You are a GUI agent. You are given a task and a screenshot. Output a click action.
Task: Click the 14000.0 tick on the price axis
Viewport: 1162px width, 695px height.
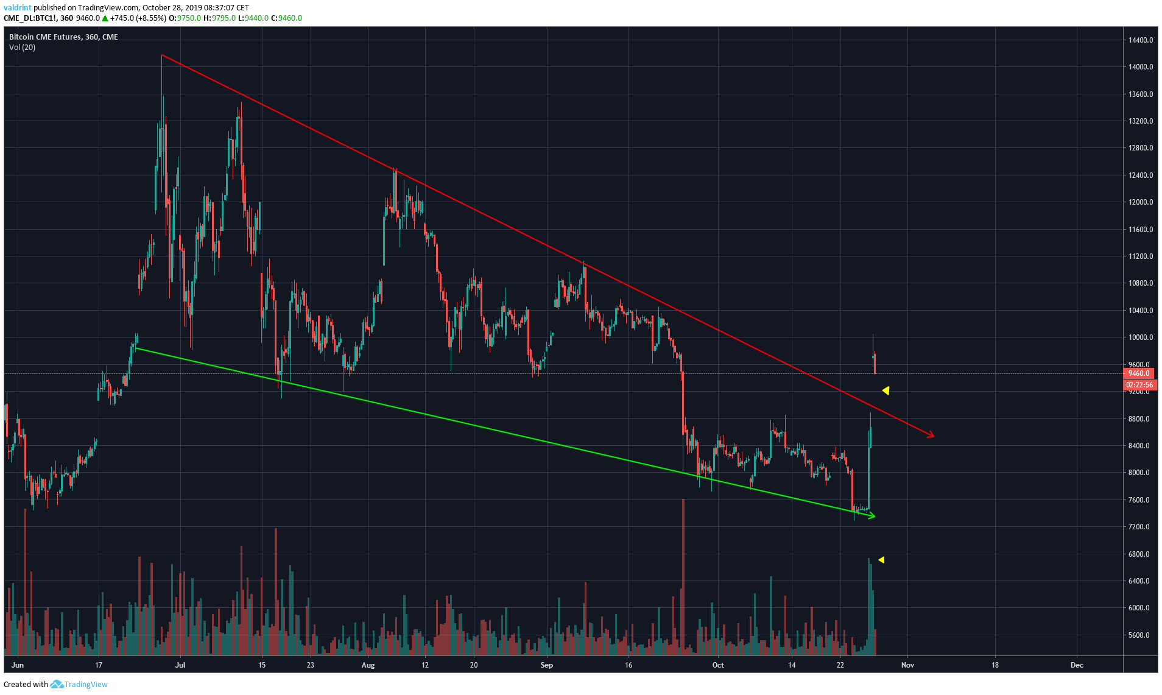(1140, 67)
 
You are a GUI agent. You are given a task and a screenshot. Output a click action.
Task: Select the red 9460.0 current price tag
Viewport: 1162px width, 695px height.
(1138, 373)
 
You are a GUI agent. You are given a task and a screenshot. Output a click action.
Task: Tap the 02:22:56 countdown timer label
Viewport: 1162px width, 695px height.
(1139, 385)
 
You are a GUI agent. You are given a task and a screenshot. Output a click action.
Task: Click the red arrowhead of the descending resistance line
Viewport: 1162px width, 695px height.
(931, 435)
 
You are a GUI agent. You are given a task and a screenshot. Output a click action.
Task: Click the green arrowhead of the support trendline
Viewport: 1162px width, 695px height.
(872, 517)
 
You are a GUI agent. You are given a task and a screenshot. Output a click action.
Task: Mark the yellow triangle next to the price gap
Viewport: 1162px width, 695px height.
(886, 390)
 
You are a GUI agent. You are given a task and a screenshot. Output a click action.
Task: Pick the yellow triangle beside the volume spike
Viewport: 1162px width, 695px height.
(881, 560)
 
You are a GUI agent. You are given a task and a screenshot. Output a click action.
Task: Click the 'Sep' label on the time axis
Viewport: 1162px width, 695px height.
(546, 665)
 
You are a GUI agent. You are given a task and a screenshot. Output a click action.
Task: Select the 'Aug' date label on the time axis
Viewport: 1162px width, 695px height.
(368, 665)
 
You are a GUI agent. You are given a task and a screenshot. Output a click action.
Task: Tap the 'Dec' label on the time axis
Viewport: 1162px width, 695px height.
(1077, 665)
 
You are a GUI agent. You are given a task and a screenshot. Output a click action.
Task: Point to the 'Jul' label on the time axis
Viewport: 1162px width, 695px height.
(180, 665)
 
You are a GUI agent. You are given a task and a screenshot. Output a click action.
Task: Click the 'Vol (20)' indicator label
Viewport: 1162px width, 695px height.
(22, 48)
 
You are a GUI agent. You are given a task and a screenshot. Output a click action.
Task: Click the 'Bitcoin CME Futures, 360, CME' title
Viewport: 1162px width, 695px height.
(63, 37)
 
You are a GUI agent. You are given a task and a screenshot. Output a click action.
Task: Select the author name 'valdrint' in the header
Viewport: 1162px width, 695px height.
(17, 8)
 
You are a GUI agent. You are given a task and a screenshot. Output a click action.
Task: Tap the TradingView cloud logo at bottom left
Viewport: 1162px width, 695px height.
(57, 685)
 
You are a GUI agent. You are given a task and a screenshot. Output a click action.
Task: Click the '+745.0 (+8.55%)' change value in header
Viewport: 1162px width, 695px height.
(138, 18)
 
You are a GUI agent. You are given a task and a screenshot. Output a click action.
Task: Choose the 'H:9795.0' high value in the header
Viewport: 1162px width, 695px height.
(219, 18)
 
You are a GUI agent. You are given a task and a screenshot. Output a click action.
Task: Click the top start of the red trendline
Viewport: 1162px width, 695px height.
(162, 55)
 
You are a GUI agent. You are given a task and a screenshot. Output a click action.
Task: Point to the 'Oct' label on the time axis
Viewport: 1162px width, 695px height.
(718, 665)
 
